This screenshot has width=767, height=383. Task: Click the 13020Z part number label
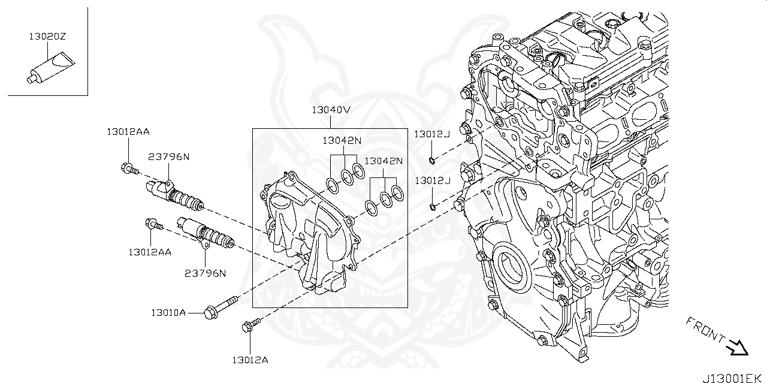click(47, 37)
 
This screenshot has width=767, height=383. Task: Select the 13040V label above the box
click(330, 110)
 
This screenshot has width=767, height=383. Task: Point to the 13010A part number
click(168, 312)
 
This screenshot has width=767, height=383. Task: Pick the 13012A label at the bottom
click(250, 360)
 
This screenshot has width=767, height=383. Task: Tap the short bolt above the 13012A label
click(251, 325)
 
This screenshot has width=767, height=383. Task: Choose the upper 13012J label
click(431, 134)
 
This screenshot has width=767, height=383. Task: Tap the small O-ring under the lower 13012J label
click(433, 207)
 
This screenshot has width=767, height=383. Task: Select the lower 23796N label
click(205, 273)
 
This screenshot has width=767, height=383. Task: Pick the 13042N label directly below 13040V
click(342, 140)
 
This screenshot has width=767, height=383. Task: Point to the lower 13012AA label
click(150, 252)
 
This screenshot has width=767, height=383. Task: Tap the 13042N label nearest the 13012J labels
click(383, 161)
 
